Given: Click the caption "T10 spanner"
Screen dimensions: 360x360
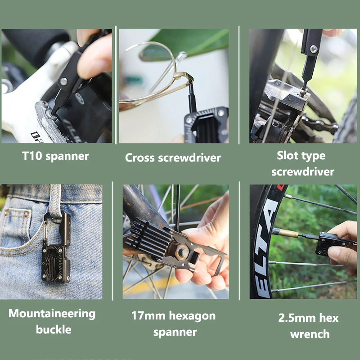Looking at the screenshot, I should tap(55, 156).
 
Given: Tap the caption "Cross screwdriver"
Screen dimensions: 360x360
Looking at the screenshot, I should tap(173, 157).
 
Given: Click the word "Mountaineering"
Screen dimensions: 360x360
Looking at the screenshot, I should tap(52, 314).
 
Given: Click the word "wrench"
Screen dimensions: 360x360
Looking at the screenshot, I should tap(310, 334).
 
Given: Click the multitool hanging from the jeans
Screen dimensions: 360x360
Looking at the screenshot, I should tap(56, 252).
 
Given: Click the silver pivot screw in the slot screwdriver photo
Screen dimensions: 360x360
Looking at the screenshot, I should tap(314, 49).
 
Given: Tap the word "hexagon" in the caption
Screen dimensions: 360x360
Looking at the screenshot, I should tap(192, 316).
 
